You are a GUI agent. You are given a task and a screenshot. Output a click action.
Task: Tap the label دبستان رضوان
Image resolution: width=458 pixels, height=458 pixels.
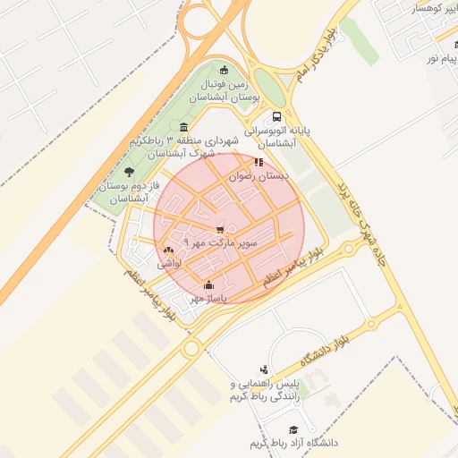pyautogui.click(x=261, y=177)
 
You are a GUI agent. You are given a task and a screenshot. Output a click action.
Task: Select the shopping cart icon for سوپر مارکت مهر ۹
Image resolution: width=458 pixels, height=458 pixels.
pyautogui.click(x=220, y=230)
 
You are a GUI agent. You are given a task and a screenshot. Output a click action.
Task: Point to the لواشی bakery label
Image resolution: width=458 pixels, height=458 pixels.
pyautogui.click(x=170, y=264)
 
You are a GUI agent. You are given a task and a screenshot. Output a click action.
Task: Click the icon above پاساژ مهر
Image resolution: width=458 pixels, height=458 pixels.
pyautogui.click(x=209, y=284)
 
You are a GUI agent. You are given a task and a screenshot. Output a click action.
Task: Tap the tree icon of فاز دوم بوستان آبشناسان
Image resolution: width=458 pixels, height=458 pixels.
pyautogui.click(x=130, y=171)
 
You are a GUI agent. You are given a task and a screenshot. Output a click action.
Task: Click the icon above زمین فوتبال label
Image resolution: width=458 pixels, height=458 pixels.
pyautogui.click(x=223, y=72)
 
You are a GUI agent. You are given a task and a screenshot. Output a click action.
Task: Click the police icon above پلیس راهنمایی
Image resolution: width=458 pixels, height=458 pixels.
pyautogui.click(x=263, y=369)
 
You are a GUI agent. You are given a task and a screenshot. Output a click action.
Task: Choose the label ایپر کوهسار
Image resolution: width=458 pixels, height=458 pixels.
pyautogui.click(x=426, y=7)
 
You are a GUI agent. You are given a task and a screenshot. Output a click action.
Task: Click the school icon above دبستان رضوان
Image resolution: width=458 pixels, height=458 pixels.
pyautogui.click(x=259, y=162)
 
